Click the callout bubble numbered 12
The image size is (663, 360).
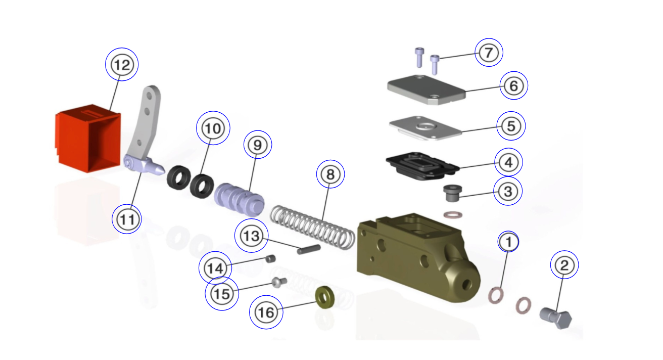121,64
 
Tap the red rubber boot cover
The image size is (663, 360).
87,139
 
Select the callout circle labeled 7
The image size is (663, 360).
489,52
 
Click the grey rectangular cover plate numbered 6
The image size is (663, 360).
425,90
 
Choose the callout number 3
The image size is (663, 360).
508,191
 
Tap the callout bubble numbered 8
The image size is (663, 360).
330,175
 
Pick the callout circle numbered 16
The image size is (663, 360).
266,312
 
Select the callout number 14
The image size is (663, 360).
216,268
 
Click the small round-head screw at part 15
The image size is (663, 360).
279,281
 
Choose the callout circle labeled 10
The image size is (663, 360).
213,128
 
